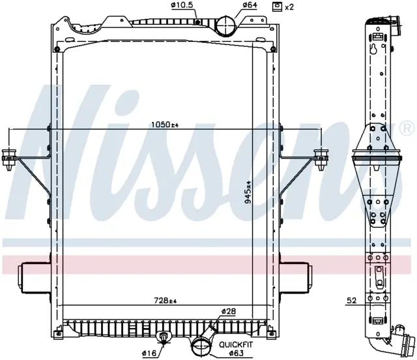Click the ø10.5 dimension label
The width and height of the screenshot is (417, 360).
tap(182, 5)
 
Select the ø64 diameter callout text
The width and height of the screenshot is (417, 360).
tap(249, 5)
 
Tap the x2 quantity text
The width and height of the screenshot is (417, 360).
tap(289, 7)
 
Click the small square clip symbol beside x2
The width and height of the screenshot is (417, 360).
tap(277, 7)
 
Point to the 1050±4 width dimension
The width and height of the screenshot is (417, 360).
tap(165, 125)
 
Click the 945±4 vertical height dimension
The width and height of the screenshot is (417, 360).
tap(248, 192)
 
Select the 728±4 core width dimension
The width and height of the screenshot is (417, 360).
tap(165, 301)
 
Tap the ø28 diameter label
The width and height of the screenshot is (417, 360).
tap(229, 311)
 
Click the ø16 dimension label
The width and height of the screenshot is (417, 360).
tap(149, 353)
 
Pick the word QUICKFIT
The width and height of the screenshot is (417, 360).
tap(236, 345)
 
